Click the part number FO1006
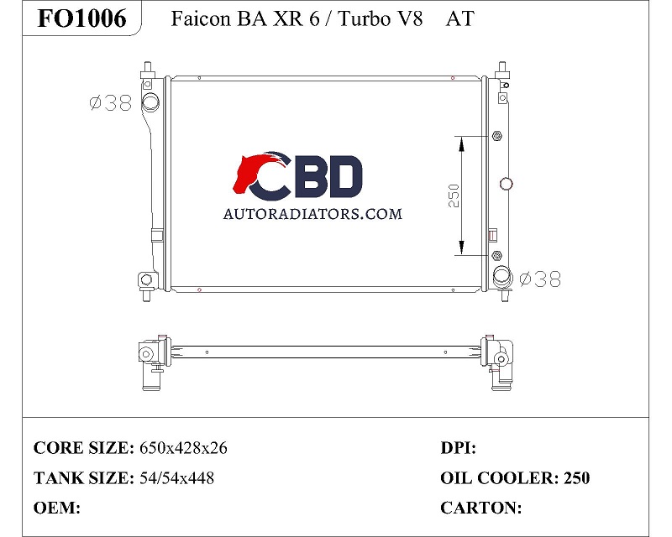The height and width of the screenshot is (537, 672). pyautogui.click(x=81, y=18)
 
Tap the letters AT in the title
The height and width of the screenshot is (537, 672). pyautogui.click(x=459, y=18)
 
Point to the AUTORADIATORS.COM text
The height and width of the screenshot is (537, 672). pyautogui.click(x=312, y=213)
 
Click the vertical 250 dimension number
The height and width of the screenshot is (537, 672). pyautogui.click(x=454, y=196)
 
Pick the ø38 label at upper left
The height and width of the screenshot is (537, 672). pyautogui.click(x=111, y=103)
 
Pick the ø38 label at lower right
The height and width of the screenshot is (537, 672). pyautogui.click(x=540, y=279)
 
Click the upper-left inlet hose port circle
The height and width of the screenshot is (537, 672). pyautogui.click(x=150, y=102)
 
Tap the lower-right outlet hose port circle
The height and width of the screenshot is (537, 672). pyautogui.click(x=501, y=276)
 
